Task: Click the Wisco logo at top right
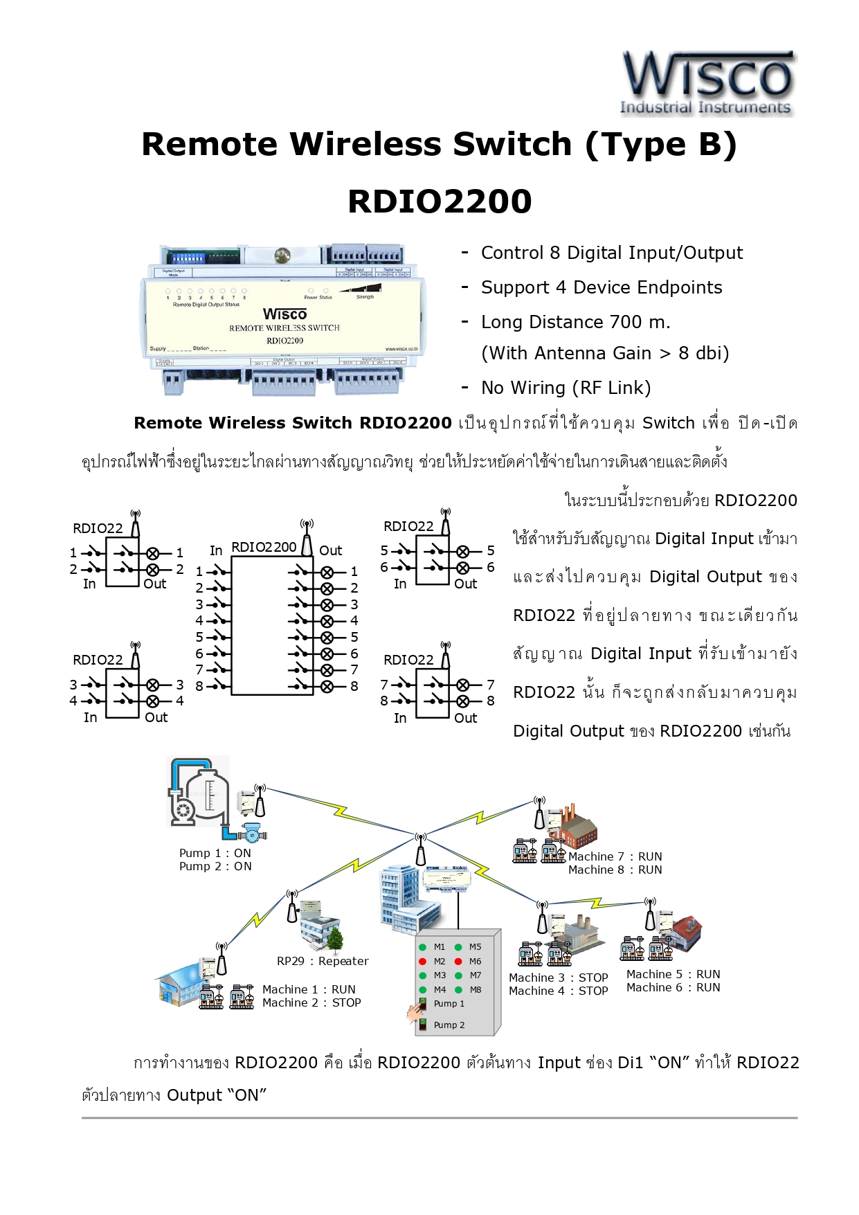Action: [707, 82]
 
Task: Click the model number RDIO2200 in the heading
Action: [440, 201]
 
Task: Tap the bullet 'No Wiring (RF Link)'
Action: [566, 388]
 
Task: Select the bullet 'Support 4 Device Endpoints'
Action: [601, 287]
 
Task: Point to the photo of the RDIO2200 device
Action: [284, 319]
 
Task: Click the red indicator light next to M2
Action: [422, 962]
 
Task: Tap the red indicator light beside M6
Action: [458, 962]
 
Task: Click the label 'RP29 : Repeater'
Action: [323, 961]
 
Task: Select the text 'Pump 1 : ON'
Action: [215, 853]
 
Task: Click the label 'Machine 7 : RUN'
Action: [615, 856]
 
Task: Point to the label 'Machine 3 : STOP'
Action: [558, 978]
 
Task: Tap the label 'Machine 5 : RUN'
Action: [673, 974]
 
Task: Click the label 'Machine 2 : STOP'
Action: [311, 1002]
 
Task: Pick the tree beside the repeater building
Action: [335, 938]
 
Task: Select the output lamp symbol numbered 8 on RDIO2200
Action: [327, 687]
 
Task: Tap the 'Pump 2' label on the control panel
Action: [449, 1025]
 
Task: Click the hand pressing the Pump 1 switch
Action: [416, 1013]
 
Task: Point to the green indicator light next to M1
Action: [422, 947]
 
